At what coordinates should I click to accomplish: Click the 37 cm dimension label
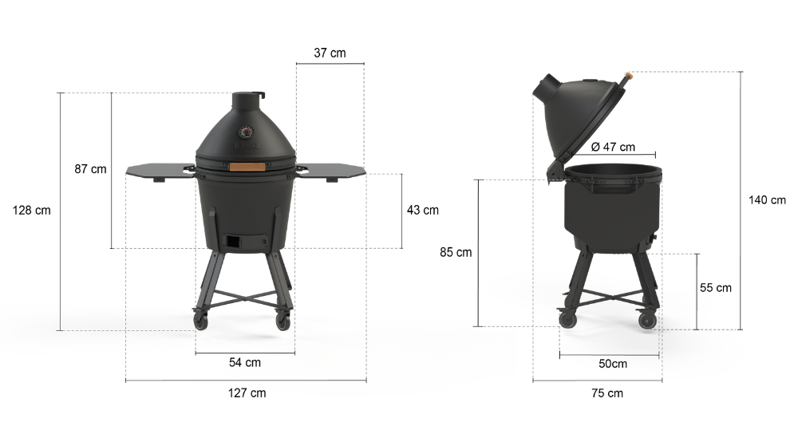pos(330,53)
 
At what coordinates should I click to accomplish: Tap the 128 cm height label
pos(32,210)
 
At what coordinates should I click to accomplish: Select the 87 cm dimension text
pos(91,169)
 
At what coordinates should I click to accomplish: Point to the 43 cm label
pos(422,210)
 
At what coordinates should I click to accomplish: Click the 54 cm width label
pos(245,362)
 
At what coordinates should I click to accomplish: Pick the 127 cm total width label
pos(247,393)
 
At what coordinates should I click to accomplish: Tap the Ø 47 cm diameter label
pos(613,147)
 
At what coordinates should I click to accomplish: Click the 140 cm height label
pos(767,200)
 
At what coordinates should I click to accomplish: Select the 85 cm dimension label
pos(456,252)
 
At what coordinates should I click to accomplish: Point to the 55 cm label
pos(716,287)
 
